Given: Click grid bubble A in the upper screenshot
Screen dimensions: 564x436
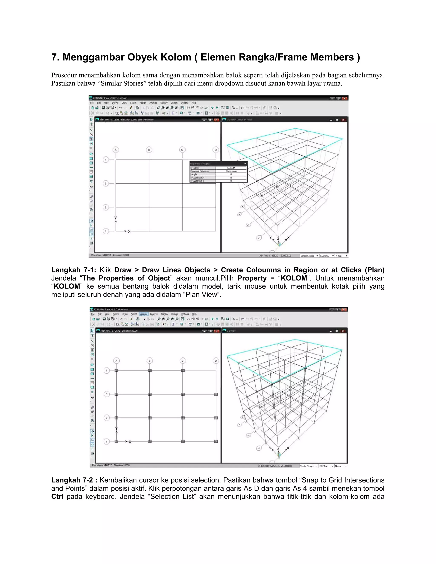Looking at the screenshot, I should click(116, 150).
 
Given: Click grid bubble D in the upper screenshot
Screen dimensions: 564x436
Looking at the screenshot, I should click(216, 150).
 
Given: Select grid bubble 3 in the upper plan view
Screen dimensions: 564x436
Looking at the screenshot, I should click(106, 184).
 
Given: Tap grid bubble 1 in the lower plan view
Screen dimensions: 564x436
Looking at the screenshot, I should click(107, 442).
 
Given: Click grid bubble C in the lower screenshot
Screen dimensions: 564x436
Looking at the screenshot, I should click(183, 361).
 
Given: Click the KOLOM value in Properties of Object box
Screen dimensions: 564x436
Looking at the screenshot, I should click(231, 168).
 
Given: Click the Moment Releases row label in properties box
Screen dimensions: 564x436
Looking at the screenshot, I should click(200, 171).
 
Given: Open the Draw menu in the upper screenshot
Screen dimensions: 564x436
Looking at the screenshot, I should click(124, 103).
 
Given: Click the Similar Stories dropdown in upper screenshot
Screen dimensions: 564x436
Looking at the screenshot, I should click(309, 256).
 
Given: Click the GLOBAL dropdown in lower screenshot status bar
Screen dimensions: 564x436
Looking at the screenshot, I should click(326, 466).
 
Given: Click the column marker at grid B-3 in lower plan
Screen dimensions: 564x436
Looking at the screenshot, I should click(149, 394).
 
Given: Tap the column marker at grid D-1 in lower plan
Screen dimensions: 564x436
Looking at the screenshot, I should click(216, 442).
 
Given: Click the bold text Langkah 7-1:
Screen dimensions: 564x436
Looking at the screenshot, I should click(74, 270).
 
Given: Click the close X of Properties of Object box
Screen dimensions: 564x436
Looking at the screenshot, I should click(245, 163).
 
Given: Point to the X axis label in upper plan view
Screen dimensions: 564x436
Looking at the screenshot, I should click(129, 232).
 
